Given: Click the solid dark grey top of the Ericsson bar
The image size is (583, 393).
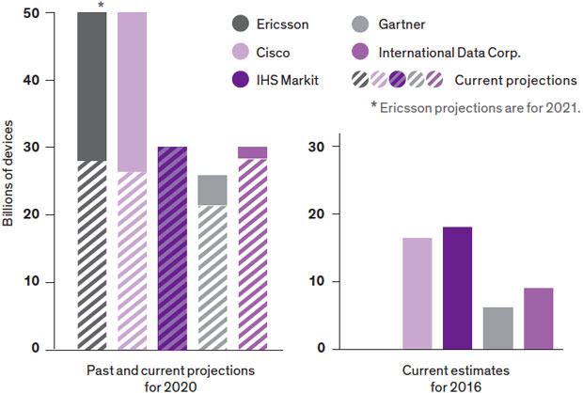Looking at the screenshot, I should click(91, 85).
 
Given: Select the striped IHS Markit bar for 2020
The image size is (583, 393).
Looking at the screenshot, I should click(172, 248).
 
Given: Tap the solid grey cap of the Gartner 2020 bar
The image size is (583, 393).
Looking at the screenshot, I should click(212, 190).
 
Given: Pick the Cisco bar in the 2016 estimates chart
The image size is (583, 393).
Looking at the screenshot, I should click(417, 293).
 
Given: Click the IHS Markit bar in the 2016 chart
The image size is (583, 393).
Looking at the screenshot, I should click(457, 288).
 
